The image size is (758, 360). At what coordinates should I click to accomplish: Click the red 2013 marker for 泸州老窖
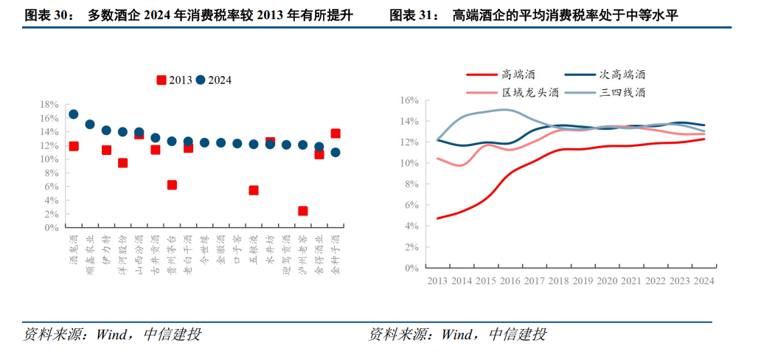(302, 211)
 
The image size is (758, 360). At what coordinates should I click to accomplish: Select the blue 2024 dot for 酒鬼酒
(73, 114)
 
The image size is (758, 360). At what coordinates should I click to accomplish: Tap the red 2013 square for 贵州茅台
(172, 185)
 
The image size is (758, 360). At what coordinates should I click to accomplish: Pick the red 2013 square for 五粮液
(254, 190)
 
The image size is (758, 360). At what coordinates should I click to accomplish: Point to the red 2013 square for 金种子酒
(335, 134)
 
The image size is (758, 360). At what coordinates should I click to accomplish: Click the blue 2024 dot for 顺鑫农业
(90, 125)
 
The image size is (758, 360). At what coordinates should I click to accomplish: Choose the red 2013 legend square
(161, 80)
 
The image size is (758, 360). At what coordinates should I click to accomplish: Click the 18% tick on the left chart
(50, 105)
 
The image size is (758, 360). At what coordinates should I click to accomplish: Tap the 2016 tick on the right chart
(510, 281)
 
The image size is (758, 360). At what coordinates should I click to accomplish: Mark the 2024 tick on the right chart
(703, 281)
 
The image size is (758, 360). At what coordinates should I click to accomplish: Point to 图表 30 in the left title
(49, 15)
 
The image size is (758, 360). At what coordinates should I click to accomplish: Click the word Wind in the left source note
(110, 335)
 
